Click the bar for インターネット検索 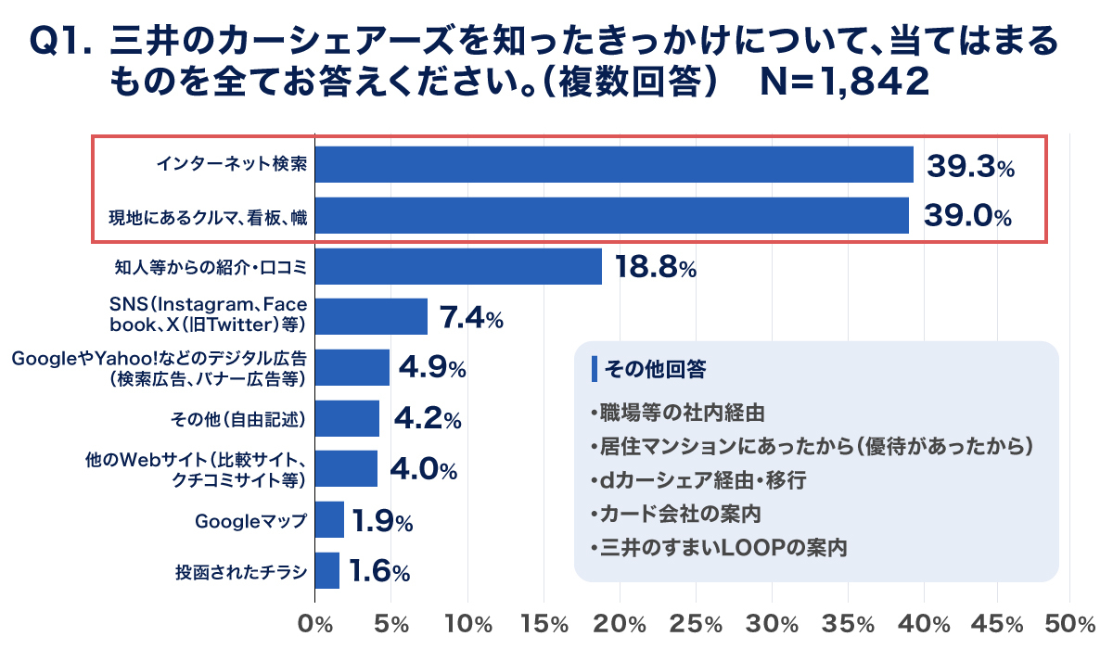pyautogui.click(x=614, y=165)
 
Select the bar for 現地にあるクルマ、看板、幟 pyautogui.click(x=612, y=215)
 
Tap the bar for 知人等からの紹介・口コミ pyautogui.click(x=458, y=266)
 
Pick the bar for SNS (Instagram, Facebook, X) pyautogui.click(x=371, y=316)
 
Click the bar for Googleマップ pyautogui.click(x=329, y=520)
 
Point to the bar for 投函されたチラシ pyautogui.click(x=327, y=570)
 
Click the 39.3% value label pyautogui.click(x=970, y=166)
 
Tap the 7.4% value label pyautogui.click(x=470, y=318)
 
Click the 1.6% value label pyautogui.click(x=379, y=571)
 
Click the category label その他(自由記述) pyautogui.click(x=238, y=419)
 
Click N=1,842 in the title pyautogui.click(x=843, y=82)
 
